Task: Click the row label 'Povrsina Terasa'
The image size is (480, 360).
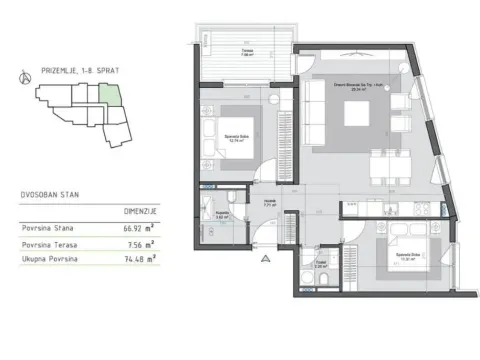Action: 51,244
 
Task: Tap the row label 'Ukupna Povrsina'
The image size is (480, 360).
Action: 51,259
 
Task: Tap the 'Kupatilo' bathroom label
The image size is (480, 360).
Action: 224,213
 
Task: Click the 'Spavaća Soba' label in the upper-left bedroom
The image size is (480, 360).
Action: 236,139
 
